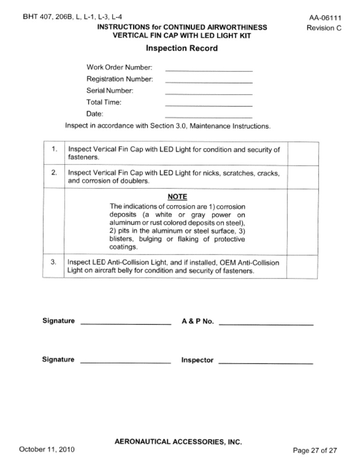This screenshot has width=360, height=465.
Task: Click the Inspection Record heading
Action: click(x=182, y=48)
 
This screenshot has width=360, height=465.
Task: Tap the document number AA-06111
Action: click(x=325, y=18)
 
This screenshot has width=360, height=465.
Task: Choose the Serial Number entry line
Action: click(x=209, y=93)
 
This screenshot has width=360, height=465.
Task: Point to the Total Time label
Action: click(x=104, y=102)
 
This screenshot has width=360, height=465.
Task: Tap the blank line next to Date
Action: click(x=209, y=116)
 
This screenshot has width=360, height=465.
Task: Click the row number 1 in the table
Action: click(x=55, y=150)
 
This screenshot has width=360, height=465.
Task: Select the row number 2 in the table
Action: click(x=55, y=173)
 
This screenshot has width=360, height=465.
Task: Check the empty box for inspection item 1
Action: click(x=302, y=154)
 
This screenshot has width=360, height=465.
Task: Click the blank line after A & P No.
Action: click(x=266, y=324)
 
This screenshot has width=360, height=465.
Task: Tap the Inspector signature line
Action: click(x=266, y=362)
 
